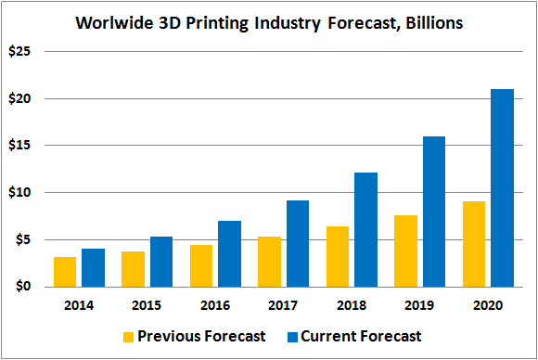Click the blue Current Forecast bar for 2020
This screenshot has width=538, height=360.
pyautogui.click(x=503, y=188)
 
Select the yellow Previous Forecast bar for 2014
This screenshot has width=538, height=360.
pyautogui.click(x=65, y=272)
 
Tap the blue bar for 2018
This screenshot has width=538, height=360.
pyautogui.click(x=366, y=229)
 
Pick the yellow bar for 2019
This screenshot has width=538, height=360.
pyautogui.click(x=405, y=251)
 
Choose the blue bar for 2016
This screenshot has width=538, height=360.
pyautogui.click(x=229, y=254)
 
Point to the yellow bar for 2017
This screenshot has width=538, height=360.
pyautogui.click(x=269, y=262)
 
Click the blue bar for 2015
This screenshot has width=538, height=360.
pyautogui.click(x=161, y=262)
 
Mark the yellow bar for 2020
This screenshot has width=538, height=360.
pyautogui.click(x=474, y=244)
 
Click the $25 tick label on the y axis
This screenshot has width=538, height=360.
pyautogui.click(x=19, y=51)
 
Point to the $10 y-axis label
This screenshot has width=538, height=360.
pyautogui.click(x=19, y=193)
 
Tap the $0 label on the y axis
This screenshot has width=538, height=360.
pyautogui.click(x=23, y=286)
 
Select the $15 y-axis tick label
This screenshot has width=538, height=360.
pyautogui.click(x=19, y=145)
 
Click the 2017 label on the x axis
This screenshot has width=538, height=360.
pyautogui.click(x=283, y=305)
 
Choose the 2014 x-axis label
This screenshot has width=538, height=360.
pyautogui.click(x=79, y=305)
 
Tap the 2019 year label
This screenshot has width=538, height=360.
pyautogui.click(x=419, y=305)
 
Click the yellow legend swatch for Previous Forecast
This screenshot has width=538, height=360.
pyautogui.click(x=128, y=337)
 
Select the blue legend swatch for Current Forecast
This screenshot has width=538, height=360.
pyautogui.click(x=292, y=337)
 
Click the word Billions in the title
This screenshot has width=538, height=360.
pyautogui.click(x=434, y=23)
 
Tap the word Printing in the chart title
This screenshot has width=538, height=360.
pyautogui.click(x=217, y=24)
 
